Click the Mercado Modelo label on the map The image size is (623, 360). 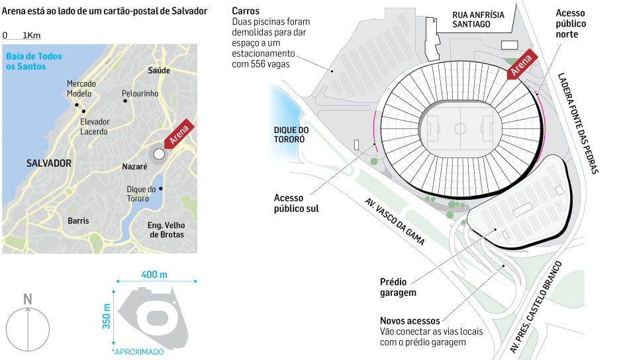point(81,89)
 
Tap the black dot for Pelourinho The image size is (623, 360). point(124,102)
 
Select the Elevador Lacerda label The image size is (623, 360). point(95,126)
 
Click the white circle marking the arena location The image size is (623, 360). point(158,154)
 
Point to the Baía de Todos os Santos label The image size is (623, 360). point(34,62)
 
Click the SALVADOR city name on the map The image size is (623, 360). point(49,163)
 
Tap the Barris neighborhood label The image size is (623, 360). point(78,221)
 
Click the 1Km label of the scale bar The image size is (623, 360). point(31,35)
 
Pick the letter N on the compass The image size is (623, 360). point(28,299)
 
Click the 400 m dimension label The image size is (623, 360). point(154,275)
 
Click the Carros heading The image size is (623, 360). point(246,12)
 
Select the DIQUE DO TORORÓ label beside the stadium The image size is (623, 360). point(289,135)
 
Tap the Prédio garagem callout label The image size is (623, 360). point(399,287)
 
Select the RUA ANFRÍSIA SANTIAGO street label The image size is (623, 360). point(481,19)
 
